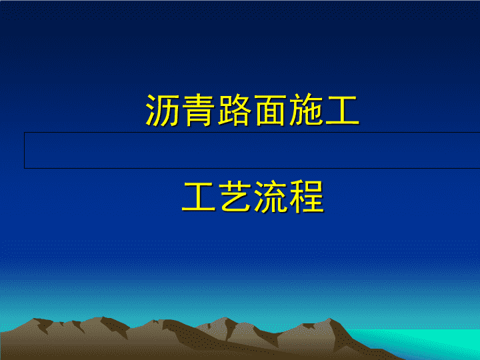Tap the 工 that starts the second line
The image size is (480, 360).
coord(199,197)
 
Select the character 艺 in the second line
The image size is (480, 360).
coord(235,197)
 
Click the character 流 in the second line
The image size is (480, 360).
coord(271,197)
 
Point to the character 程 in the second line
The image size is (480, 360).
coord(307,197)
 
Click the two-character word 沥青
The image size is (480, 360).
coord(181,110)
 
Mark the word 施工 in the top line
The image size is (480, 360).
coord(325,110)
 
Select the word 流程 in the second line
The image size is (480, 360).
coord(289,197)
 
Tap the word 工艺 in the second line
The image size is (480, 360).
coord(217,197)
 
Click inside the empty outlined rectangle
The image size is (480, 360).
coord(251,150)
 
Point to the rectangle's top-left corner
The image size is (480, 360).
coord(25,133)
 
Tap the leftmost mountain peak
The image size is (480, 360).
coord(34,319)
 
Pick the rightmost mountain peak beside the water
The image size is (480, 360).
coord(330,319)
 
